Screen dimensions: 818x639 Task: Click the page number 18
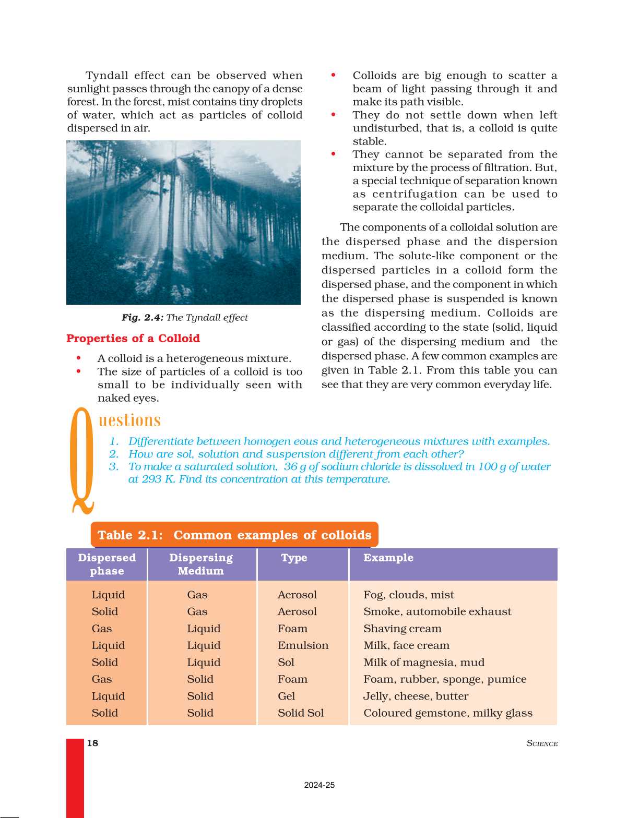click(x=92, y=743)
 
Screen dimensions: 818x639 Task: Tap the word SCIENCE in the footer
click(x=542, y=743)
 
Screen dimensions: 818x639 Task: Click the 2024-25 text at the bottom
click(x=319, y=785)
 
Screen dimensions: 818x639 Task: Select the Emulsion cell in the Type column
click(x=303, y=645)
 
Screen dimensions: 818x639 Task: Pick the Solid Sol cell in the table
click(x=301, y=713)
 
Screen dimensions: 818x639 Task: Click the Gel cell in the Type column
click(x=286, y=696)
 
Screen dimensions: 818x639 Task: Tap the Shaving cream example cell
click(x=402, y=629)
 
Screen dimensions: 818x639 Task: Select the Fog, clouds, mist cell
click(x=408, y=595)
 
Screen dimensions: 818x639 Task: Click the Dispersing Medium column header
click(x=201, y=564)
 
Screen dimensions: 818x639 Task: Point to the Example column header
click(x=388, y=558)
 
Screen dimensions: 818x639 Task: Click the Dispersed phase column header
click(x=106, y=564)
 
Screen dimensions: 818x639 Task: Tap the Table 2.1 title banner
click(x=234, y=535)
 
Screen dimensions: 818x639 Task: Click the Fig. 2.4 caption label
click(x=143, y=317)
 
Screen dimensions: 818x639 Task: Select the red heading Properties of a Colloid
click(x=133, y=339)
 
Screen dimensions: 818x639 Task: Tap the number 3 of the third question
click(x=113, y=466)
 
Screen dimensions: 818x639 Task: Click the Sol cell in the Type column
click(x=286, y=662)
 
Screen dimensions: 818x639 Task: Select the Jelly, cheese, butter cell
click(x=416, y=696)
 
